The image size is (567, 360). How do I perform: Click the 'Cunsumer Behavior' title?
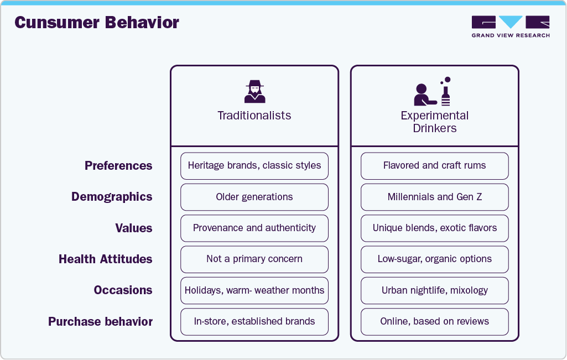pyautogui.click(x=97, y=23)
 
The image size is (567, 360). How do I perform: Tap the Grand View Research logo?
pyautogui.click(x=511, y=27)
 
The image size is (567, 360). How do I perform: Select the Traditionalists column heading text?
pyautogui.click(x=254, y=116)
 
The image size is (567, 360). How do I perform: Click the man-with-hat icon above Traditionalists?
pyautogui.click(x=255, y=92)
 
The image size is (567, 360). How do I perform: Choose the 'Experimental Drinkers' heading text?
pyautogui.click(x=435, y=122)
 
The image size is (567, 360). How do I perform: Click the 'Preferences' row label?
pyautogui.click(x=118, y=165)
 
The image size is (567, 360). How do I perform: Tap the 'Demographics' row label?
pyautogui.click(x=112, y=197)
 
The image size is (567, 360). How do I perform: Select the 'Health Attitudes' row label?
pyautogui.click(x=105, y=259)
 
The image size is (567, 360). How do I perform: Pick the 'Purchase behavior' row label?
pyautogui.click(x=100, y=321)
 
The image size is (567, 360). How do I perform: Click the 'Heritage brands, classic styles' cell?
pyautogui.click(x=254, y=166)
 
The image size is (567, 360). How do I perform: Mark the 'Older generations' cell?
pyautogui.click(x=254, y=197)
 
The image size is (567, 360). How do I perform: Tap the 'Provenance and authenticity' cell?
pyautogui.click(x=254, y=228)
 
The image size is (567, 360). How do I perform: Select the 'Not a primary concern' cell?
pyautogui.click(x=254, y=259)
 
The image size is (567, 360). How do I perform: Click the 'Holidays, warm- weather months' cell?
pyautogui.click(x=254, y=290)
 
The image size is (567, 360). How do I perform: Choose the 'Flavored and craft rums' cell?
pyautogui.click(x=435, y=166)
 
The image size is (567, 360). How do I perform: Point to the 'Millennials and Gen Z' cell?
pyautogui.click(x=435, y=197)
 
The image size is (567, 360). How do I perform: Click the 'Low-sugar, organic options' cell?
pyautogui.click(x=435, y=259)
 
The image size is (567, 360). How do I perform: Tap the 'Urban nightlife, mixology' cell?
pyautogui.click(x=435, y=290)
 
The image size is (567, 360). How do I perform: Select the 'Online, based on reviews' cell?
pyautogui.click(x=435, y=322)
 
